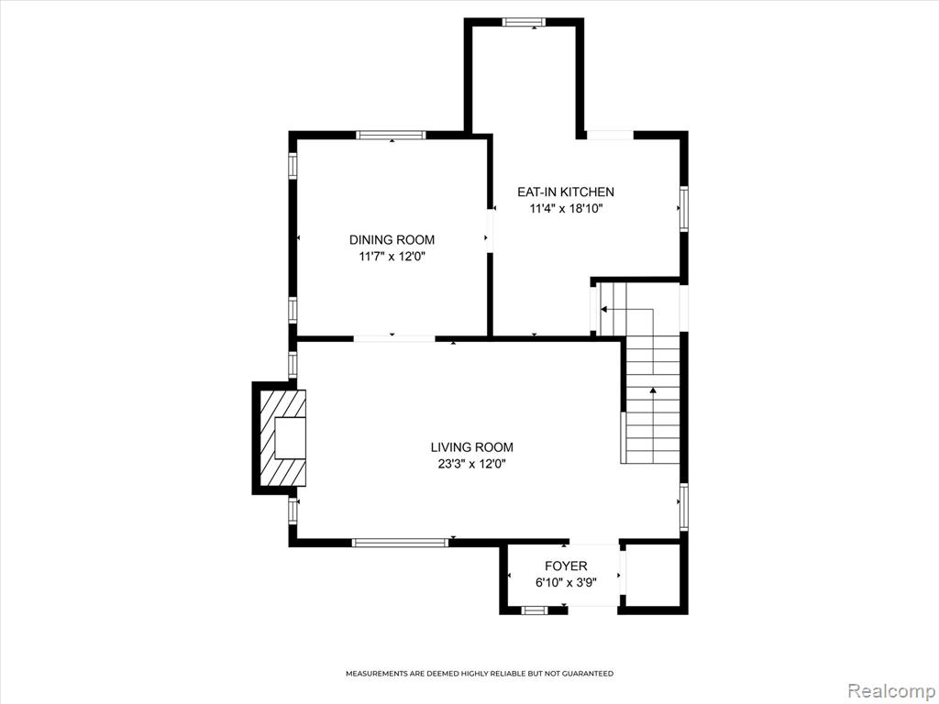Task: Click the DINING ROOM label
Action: click(x=392, y=240)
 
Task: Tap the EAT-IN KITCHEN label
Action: click(x=565, y=192)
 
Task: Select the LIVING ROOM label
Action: click(x=472, y=447)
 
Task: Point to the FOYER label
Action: click(x=566, y=566)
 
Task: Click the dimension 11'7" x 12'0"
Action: click(x=392, y=257)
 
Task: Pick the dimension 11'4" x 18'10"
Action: click(x=565, y=209)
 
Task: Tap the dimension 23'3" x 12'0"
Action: click(x=472, y=464)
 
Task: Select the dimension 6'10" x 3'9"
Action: click(x=566, y=582)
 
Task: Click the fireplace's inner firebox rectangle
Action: click(x=291, y=438)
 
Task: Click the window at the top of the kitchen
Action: click(x=524, y=22)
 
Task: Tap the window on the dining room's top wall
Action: click(x=391, y=135)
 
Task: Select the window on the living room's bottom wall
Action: click(x=400, y=543)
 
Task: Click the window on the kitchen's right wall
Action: click(x=684, y=208)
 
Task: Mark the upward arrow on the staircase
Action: click(x=653, y=390)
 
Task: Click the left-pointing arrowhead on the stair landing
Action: click(x=603, y=310)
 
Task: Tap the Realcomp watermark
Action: click(x=890, y=691)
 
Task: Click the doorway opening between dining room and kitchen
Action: click(x=490, y=230)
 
